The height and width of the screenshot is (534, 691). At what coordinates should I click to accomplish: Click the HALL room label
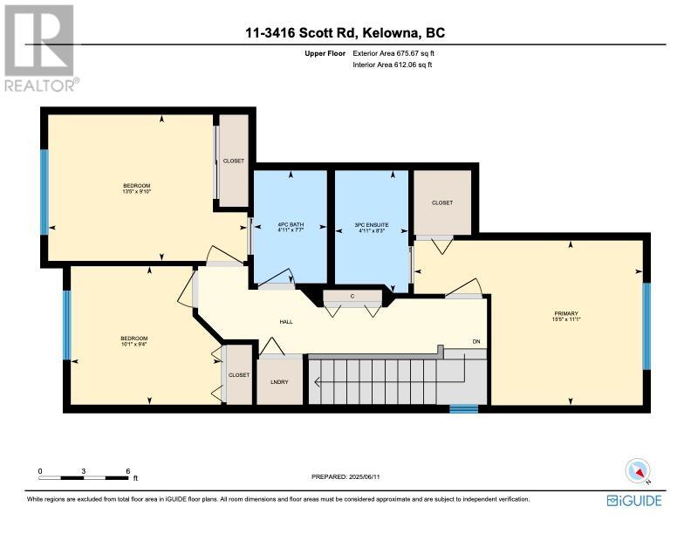(286, 322)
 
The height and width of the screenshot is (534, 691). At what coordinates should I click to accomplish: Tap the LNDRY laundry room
(280, 380)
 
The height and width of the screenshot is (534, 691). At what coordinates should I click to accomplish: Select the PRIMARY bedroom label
(566, 314)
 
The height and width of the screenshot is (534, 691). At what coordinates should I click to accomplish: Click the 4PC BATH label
(291, 225)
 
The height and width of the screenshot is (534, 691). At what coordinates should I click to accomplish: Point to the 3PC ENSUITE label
(372, 225)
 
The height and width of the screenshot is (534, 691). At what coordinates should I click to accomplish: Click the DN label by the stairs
(476, 342)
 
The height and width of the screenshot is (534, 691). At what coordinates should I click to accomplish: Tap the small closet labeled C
(352, 296)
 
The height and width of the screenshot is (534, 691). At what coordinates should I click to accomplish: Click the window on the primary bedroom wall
(647, 326)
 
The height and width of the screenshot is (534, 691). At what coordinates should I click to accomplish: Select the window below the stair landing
(463, 409)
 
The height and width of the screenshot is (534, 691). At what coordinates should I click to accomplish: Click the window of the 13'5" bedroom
(44, 192)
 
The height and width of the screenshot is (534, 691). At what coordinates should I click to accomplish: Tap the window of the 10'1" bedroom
(67, 325)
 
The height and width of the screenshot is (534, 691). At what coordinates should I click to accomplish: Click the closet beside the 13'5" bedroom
(234, 161)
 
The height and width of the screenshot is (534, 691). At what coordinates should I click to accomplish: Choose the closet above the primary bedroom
(442, 202)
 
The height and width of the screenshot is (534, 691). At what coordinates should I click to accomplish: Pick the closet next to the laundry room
(239, 374)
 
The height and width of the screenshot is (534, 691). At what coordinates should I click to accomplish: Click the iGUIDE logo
(634, 501)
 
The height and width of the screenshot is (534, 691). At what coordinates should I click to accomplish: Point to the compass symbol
(638, 470)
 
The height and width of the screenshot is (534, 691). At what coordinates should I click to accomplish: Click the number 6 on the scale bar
(128, 471)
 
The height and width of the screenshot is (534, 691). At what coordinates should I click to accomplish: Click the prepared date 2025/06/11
(365, 476)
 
